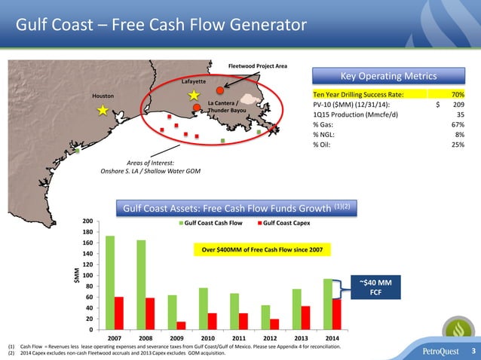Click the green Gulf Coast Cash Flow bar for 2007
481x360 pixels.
[110, 282]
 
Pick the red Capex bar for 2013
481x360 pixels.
[305, 317]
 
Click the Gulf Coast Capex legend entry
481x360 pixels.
[282, 224]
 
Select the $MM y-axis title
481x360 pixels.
[76, 276]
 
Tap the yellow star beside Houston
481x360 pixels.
[103, 110]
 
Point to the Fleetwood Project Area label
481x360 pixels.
[257, 66]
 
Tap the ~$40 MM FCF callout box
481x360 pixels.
[374, 287]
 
